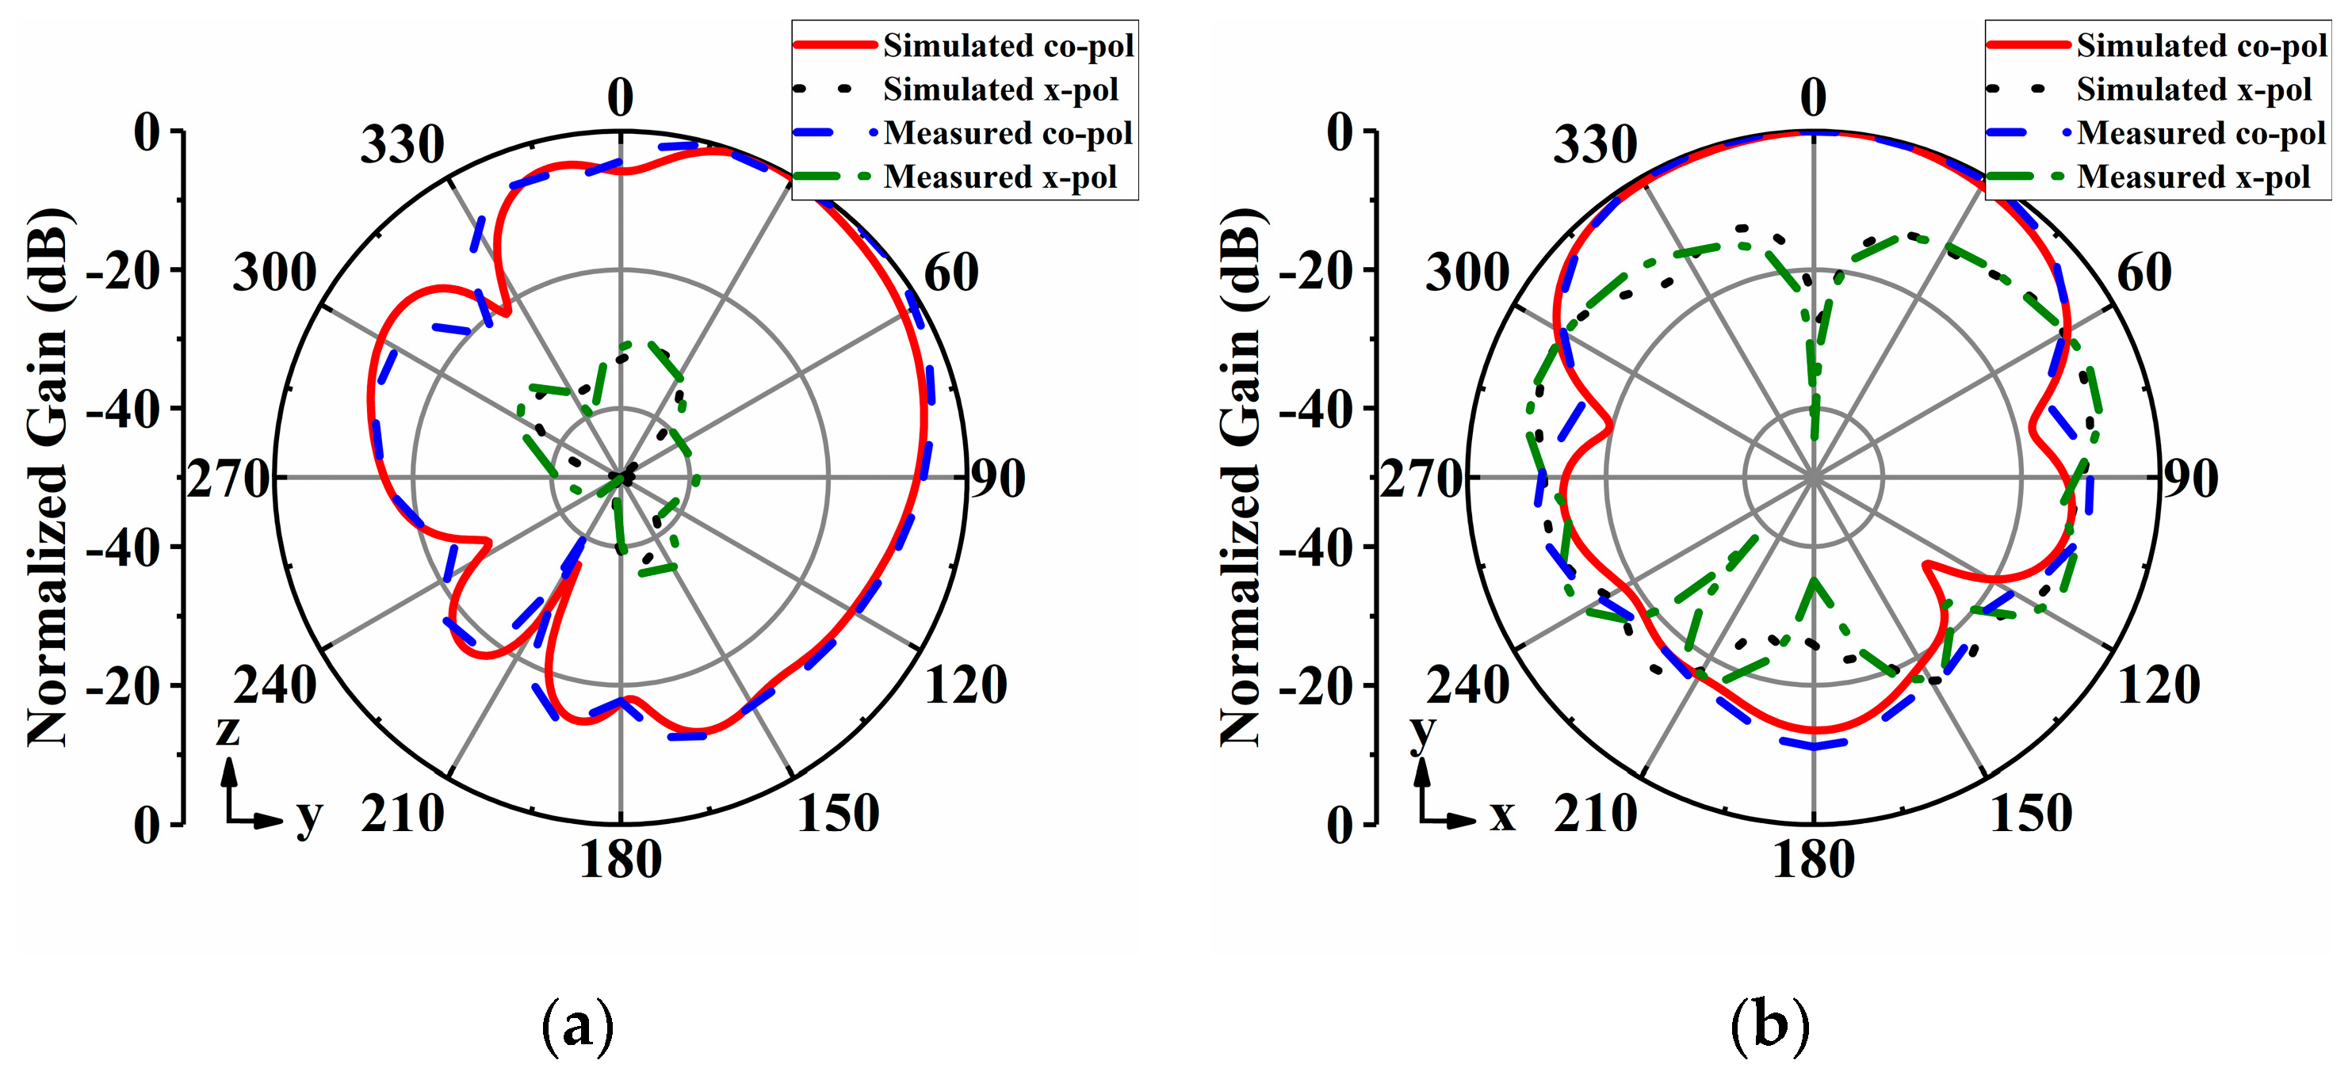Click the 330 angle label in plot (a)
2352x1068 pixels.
coord(402,145)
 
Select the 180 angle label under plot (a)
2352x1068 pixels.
coord(621,860)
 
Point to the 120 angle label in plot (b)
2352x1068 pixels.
coord(2159,685)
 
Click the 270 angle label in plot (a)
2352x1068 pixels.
coord(229,479)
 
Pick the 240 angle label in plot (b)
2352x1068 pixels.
coord(1468,685)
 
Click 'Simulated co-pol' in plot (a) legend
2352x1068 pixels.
coord(1008,46)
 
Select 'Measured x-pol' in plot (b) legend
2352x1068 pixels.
coord(2193,176)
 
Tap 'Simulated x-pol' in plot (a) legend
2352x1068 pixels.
coord(1000,90)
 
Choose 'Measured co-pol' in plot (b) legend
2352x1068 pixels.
coord(2201,133)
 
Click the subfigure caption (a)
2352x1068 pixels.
coord(578,1025)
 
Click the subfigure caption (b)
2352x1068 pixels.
coord(1770,1025)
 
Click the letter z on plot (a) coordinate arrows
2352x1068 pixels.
coord(228,730)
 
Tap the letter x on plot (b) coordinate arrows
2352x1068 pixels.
coord(1503,815)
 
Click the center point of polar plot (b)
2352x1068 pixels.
coord(1813,478)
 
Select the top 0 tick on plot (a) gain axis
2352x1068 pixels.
coord(146,133)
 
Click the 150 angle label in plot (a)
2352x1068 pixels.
coord(838,814)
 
